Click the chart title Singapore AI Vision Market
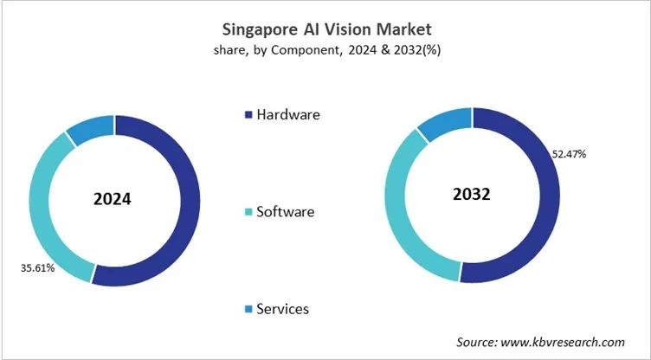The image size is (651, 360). point(325,29)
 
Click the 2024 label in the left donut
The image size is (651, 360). point(113,199)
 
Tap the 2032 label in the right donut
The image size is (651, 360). point(471,194)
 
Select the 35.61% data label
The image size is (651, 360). point(38,268)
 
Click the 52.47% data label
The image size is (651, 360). point(570,154)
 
